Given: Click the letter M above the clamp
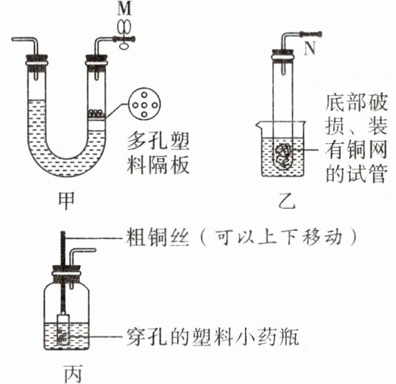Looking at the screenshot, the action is (x=123, y=9).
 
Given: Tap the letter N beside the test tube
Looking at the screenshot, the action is (x=308, y=50).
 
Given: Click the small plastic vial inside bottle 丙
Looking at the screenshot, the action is (x=62, y=329).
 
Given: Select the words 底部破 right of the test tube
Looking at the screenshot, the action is (x=354, y=102).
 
